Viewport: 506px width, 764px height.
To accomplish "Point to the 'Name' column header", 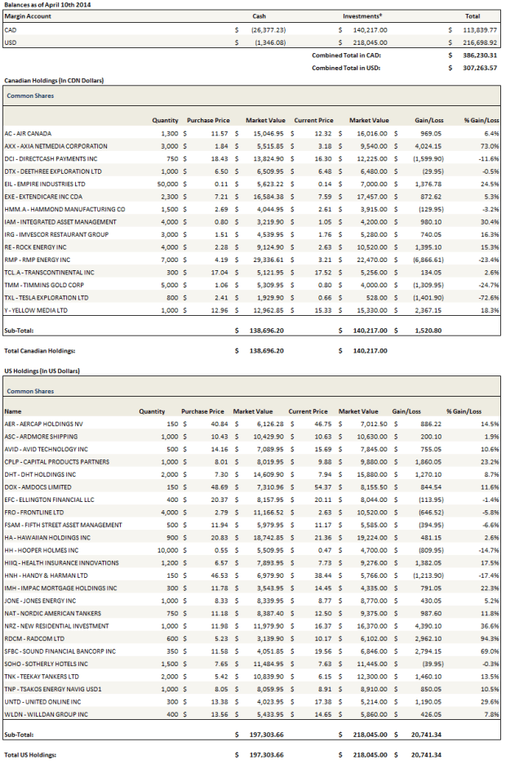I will click(x=12, y=411).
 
